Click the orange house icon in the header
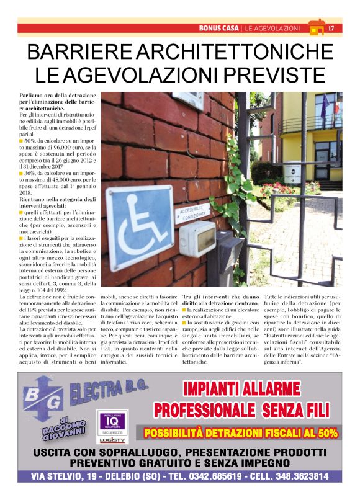pos(317,28)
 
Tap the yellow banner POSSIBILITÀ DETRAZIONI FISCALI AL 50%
pos(241,432)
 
